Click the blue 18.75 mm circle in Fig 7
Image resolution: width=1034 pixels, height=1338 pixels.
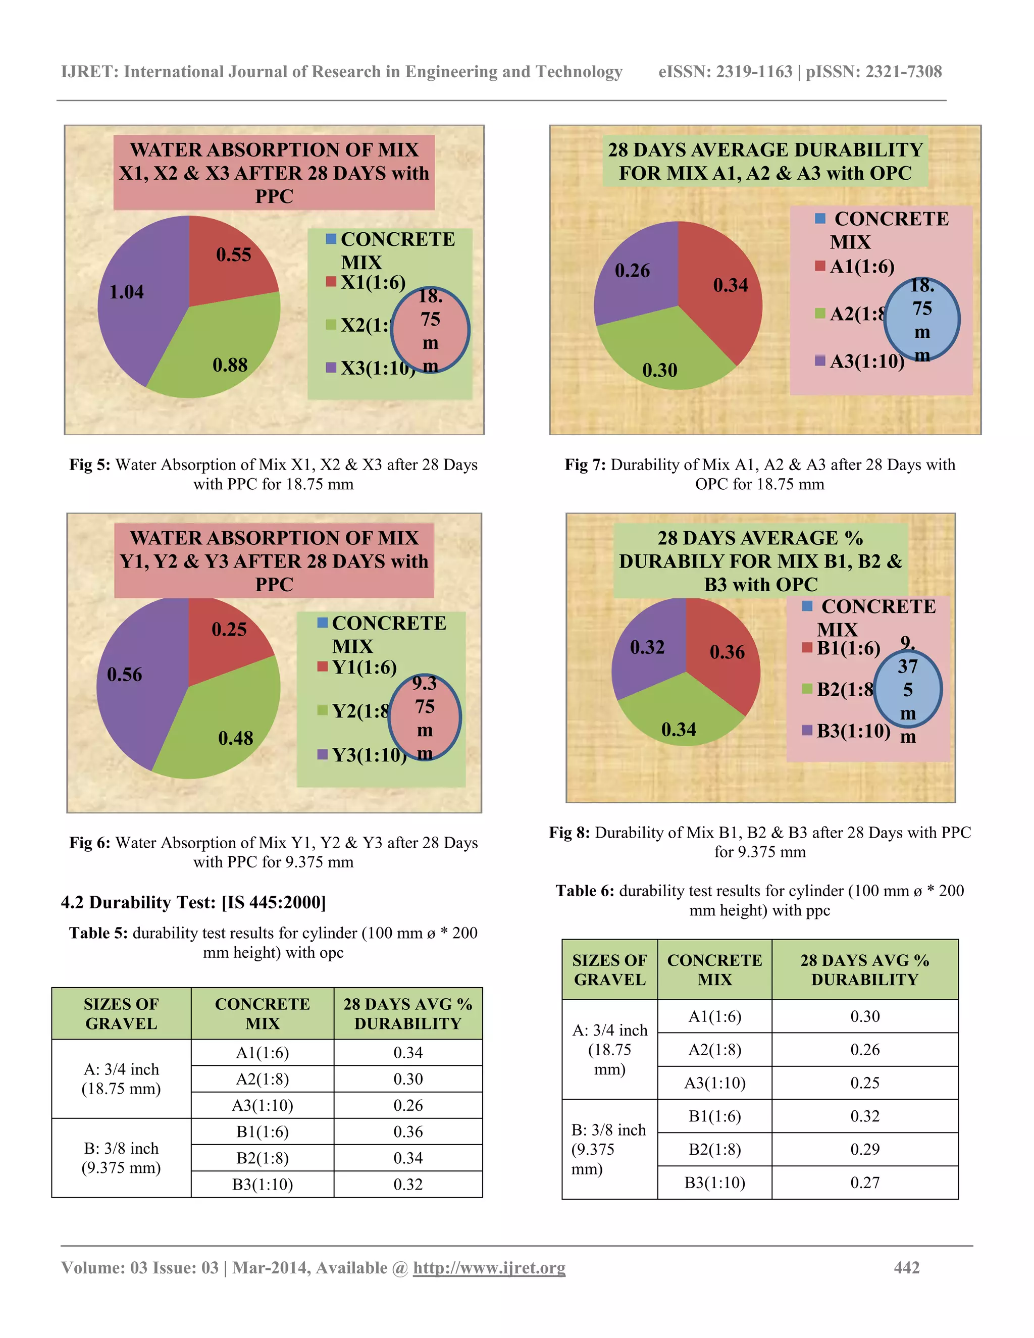pos(921,319)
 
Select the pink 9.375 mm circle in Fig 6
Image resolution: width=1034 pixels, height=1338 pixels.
pos(425,717)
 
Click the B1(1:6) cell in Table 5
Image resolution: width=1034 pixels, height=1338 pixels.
pos(262,1131)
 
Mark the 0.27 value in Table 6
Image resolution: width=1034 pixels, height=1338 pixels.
pos(864,1182)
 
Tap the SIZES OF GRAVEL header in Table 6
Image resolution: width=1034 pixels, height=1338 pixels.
pos(609,970)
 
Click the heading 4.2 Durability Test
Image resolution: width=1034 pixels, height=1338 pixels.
pos(193,902)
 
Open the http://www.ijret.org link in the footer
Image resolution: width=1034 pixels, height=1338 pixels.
pos(489,1267)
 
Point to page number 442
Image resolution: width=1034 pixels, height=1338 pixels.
pos(907,1267)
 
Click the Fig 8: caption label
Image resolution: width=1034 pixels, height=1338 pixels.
pos(569,833)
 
